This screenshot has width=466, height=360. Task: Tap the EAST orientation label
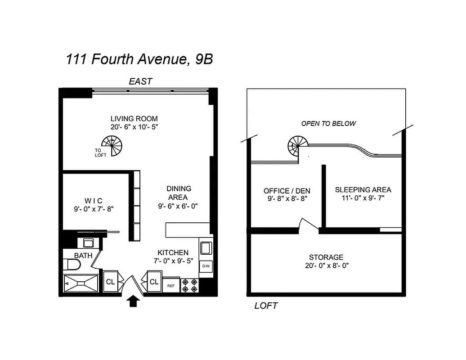(x=140, y=82)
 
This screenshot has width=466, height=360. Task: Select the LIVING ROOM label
(x=134, y=119)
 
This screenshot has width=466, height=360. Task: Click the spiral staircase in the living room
(x=112, y=147)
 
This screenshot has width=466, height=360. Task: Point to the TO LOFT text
(x=100, y=153)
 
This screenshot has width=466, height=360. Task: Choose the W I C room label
(x=93, y=200)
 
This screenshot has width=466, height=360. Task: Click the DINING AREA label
(x=179, y=193)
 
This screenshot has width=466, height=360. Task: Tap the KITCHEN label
(x=173, y=252)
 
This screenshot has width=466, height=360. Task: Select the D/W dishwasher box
(x=206, y=266)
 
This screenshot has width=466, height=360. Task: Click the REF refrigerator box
(x=171, y=285)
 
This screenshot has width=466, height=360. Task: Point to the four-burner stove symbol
(x=189, y=286)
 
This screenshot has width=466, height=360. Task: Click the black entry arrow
(x=133, y=301)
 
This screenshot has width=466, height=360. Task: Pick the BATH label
(x=83, y=256)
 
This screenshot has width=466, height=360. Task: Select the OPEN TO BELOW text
(x=328, y=124)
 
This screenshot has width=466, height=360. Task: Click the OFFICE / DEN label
(x=287, y=191)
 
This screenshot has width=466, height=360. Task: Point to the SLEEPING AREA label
(x=363, y=189)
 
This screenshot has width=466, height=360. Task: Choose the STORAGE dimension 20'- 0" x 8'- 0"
(x=327, y=265)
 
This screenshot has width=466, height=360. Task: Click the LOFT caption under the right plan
(x=266, y=306)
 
